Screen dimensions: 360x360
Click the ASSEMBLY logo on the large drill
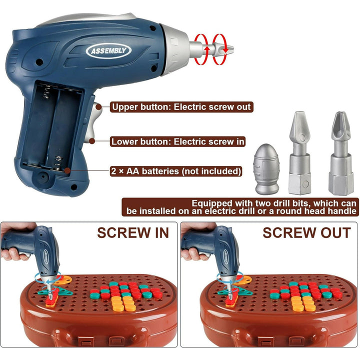(x=108, y=50)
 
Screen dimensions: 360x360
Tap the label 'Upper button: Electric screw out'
(x=181, y=107)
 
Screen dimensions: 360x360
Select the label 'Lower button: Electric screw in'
(x=177, y=141)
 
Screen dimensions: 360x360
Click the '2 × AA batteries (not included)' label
(x=176, y=171)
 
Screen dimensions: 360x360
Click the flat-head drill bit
(x=300, y=152)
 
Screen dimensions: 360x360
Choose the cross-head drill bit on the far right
(x=341, y=153)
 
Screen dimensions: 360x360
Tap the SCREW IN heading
(x=133, y=233)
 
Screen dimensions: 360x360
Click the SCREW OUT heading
(x=306, y=233)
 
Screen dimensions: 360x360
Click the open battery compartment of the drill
(x=52, y=128)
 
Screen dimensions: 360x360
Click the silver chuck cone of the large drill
(x=175, y=49)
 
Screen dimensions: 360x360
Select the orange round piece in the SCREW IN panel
(x=63, y=279)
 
